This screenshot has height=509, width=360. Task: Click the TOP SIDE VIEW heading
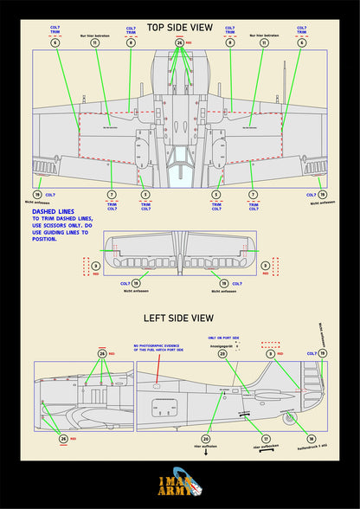coord(179,26)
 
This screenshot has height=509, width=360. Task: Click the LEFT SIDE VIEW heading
coord(179,319)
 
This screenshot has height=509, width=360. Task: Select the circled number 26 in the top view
coord(179,42)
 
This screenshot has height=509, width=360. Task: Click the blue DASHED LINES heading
coord(52,211)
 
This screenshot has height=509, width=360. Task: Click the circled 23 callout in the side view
coord(222,354)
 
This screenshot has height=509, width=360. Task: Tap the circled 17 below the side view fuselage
coord(265,439)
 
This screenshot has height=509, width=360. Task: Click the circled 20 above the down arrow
coord(206,439)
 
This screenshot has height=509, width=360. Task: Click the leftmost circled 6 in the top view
coord(55,42)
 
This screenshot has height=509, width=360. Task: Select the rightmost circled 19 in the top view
coord(322,195)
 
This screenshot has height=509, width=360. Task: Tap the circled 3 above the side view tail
coord(270,354)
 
